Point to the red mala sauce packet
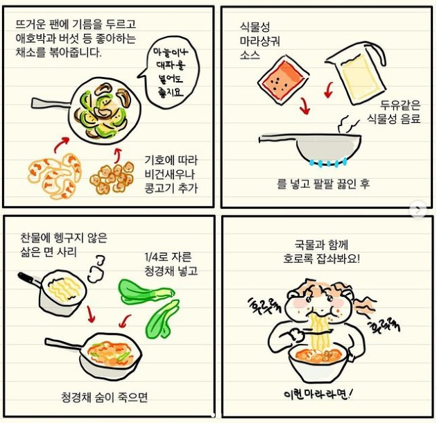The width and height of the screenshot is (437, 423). [x=282, y=80]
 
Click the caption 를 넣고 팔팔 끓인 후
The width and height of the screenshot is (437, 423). [x=323, y=184]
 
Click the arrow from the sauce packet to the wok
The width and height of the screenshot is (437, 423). [x=303, y=106]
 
